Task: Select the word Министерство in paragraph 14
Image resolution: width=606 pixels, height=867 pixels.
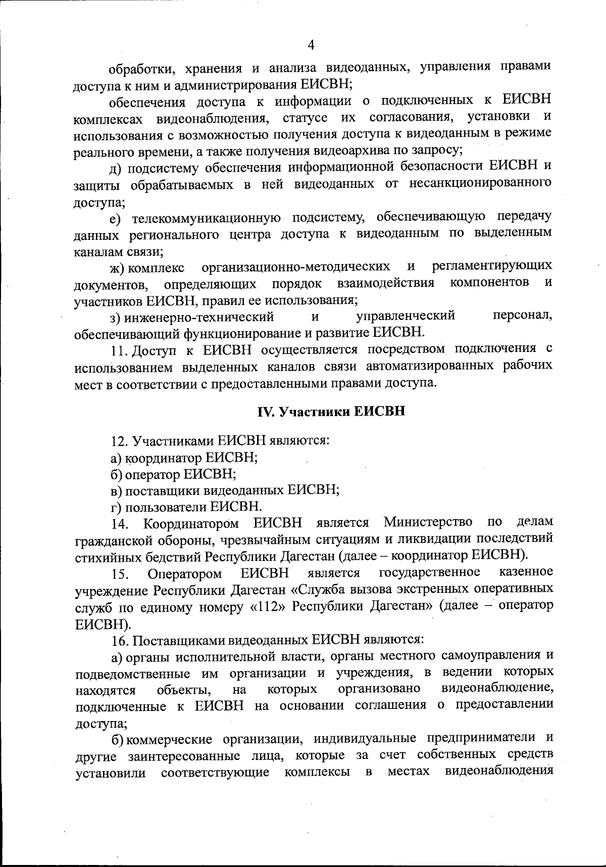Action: tap(428, 522)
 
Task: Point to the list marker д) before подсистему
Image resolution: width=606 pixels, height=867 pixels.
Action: tap(117, 168)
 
